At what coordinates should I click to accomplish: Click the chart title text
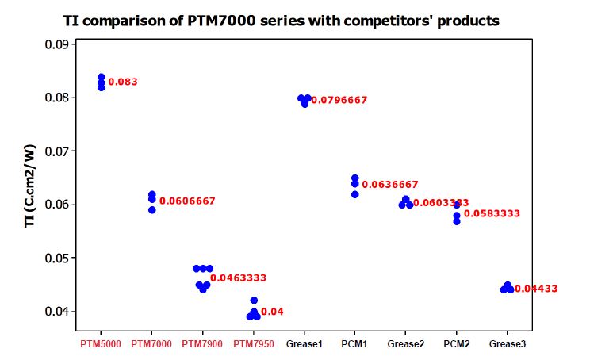tap(282, 21)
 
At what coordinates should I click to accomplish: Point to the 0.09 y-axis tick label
tap(55, 45)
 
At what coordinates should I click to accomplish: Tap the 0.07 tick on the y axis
tap(55, 151)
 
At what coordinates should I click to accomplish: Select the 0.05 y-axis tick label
tap(55, 258)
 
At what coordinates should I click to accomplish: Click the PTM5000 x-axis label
tap(101, 343)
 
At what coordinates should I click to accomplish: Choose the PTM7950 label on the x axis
tap(253, 343)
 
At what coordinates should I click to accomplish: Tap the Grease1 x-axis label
tap(304, 343)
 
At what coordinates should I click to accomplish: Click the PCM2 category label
tap(456, 343)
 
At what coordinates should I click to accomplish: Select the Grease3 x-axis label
tap(508, 343)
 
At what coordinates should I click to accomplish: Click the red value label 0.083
tap(123, 82)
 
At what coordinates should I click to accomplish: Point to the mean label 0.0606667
tap(187, 201)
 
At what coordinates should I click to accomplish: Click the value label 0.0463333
tap(238, 278)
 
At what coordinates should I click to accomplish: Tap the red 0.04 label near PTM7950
tap(272, 312)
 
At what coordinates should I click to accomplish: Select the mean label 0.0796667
tap(339, 100)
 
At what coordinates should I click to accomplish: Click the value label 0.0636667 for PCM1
tap(390, 185)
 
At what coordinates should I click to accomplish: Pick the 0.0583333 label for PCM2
tap(492, 214)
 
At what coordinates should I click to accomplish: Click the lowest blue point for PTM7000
tap(152, 209)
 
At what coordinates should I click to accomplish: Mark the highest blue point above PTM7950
tap(254, 301)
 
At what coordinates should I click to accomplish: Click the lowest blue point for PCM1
tap(354, 194)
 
